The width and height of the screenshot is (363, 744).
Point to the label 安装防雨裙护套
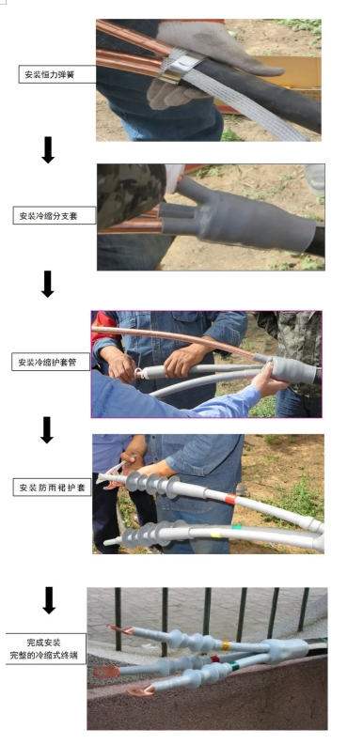coord(52,488)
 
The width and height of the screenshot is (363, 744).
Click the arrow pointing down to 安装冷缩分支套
coord(48,149)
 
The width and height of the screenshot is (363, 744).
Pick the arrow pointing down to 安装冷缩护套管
coord(48,284)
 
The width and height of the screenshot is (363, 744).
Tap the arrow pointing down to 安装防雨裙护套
coord(47,430)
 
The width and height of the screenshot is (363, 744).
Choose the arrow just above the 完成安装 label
coord(49,600)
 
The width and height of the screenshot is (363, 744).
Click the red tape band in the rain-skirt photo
coord(230,499)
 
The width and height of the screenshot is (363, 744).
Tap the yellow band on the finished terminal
coord(226,645)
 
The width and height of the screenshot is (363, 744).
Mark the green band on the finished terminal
coord(234,666)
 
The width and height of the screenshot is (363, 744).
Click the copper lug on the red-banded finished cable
coord(106,672)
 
